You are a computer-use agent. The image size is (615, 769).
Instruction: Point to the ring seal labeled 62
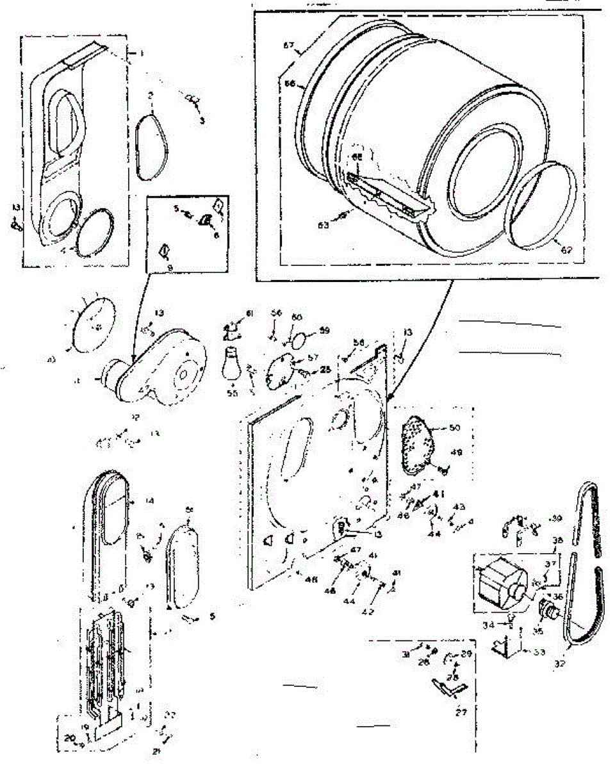point(540,205)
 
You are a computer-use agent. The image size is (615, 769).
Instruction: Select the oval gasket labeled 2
point(153,145)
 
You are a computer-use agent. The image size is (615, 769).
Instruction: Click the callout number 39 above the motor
point(555,518)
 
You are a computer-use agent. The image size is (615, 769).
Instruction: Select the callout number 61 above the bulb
point(249,313)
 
